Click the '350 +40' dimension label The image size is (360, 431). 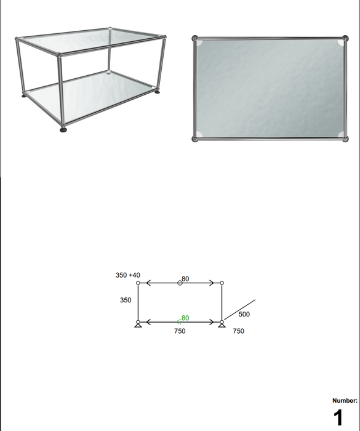128,275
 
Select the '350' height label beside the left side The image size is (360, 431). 126,300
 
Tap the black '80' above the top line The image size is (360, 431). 186,279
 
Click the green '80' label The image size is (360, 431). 185,318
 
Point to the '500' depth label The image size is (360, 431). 244,314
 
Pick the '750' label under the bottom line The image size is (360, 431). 180,331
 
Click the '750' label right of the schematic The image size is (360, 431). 239,331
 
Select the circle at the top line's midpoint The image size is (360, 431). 180,283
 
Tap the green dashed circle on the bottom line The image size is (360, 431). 179,321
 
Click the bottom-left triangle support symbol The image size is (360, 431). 138,324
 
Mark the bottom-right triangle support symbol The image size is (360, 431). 222,324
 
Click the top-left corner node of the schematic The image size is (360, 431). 138,283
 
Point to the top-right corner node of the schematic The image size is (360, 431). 222,283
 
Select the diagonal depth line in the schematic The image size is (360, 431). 239,310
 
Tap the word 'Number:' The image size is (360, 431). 345,401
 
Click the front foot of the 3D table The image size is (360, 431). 63,130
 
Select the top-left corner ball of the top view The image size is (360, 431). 195,38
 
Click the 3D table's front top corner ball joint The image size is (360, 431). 60,56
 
